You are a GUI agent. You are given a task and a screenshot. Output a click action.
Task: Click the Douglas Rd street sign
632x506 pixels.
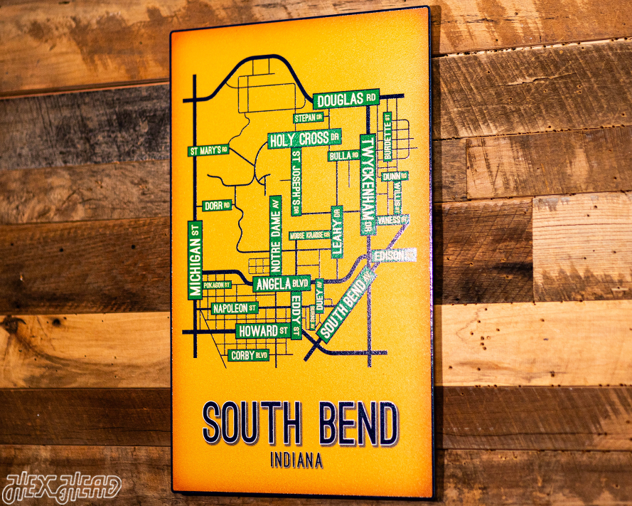coord(346,100)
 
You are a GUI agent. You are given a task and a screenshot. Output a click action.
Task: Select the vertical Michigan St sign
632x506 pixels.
coord(196,260)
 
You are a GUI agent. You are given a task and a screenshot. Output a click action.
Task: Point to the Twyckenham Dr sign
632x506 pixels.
coord(367,184)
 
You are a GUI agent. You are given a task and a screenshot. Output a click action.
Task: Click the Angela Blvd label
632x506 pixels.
coord(282,284)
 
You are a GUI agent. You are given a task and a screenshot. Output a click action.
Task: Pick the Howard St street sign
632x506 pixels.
coord(263,331)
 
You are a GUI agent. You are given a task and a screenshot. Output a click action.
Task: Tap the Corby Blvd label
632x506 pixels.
coord(249,354)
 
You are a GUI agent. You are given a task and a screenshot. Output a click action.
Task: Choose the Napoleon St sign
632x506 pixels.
coord(235,308)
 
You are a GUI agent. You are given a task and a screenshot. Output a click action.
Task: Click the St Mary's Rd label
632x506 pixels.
coord(208,150)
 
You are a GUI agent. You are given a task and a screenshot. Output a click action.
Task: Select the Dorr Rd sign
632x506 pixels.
coord(217,206)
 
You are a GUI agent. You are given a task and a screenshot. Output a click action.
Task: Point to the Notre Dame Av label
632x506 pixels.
coord(275,235)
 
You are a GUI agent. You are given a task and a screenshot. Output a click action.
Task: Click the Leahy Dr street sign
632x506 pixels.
coord(337,231)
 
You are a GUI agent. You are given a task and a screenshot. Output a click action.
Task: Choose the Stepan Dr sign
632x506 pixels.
coord(309,117)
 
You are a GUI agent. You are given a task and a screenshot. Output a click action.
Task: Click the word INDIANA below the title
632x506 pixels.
coord(296,460)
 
